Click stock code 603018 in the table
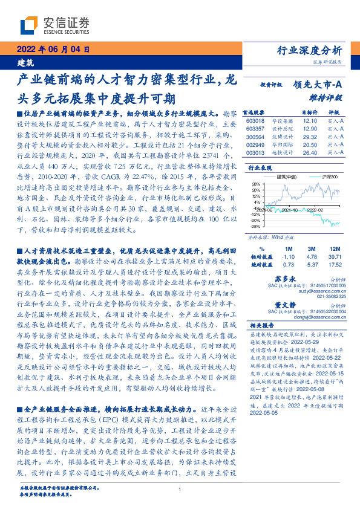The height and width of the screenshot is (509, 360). coord(256,121)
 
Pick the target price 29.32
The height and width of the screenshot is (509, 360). coord(310,137)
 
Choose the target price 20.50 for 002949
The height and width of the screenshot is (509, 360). coord(310,146)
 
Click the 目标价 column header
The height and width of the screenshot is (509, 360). coord(309,113)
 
